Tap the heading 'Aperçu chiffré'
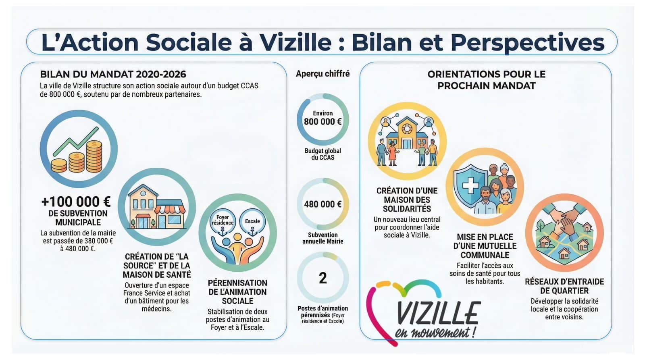323,74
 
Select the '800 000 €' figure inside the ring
323,121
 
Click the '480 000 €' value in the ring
323,204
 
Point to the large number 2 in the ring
323,278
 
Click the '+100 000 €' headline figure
76,202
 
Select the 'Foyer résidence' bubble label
223,220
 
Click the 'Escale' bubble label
252,221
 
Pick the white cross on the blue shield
470,185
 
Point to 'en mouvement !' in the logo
435,333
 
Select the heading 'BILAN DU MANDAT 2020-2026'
113,74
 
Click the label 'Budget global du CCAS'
323,154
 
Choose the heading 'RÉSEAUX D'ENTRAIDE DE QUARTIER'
564,286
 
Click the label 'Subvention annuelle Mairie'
323,238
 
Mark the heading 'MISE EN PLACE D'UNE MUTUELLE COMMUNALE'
485,246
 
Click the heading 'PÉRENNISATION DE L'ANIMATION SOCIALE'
237,292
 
